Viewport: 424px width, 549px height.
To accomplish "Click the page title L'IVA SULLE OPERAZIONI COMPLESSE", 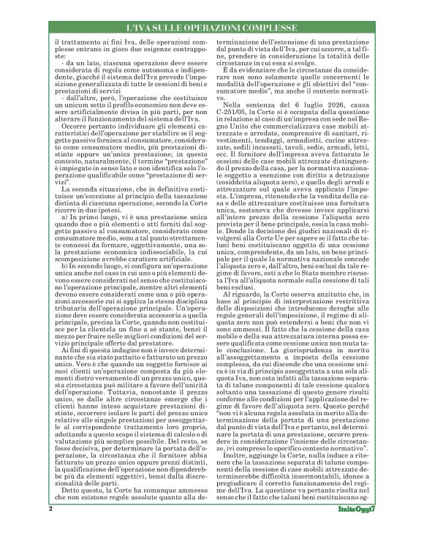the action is tap(212, 28).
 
